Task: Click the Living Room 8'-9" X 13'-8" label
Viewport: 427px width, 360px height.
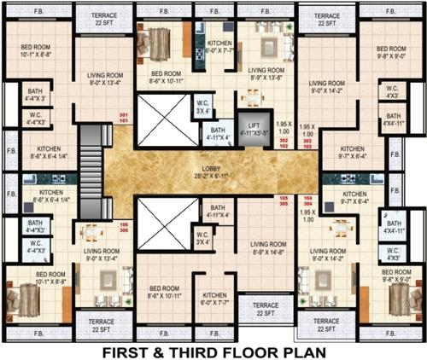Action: click(x=266, y=73)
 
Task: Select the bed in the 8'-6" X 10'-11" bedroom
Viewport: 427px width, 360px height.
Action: click(x=158, y=40)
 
